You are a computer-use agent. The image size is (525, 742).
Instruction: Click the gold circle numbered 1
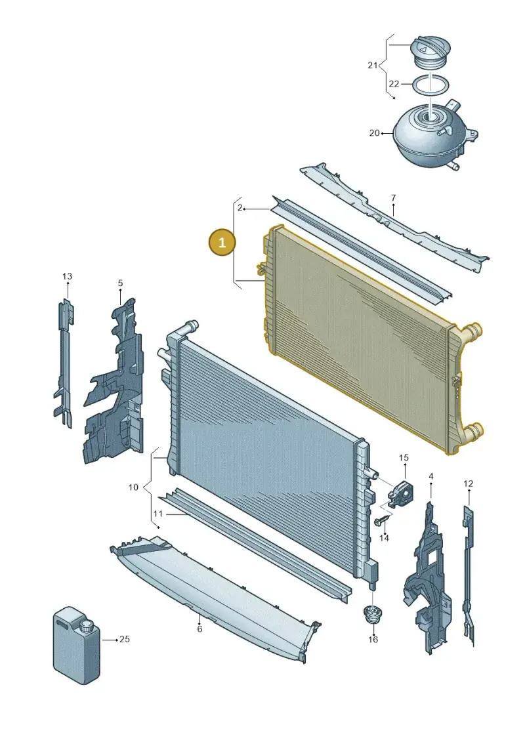coord(222,243)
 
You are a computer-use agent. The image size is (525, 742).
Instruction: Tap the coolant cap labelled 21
coord(430,51)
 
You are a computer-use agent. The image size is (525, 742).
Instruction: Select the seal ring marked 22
coord(430,85)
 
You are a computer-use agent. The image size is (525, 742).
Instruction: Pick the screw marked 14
coord(382,521)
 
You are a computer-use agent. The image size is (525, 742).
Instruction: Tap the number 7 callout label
coord(393,198)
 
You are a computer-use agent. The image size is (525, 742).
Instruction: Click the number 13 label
coord(67,276)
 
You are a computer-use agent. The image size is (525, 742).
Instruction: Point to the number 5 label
coord(120,283)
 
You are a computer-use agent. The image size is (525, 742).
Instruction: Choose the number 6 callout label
coord(199,629)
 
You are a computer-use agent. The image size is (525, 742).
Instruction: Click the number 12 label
coord(468,484)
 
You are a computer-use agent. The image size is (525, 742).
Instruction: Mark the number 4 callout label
coord(430,476)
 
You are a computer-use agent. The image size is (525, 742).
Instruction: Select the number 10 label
coord(133,487)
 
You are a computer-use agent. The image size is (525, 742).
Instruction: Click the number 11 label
coord(157,514)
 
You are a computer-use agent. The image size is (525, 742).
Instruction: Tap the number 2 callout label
coord(240,208)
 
